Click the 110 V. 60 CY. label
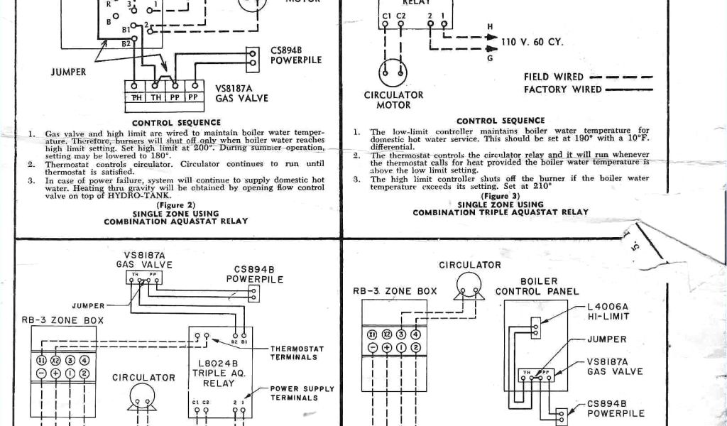pyautogui.click(x=532, y=42)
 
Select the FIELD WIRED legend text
pyautogui.click(x=553, y=77)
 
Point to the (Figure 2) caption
pyautogui.click(x=175, y=204)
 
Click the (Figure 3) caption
pyautogui.click(x=500, y=196)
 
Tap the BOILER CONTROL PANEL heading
pyautogui.click(x=537, y=286)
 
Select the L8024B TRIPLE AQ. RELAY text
pyautogui.click(x=219, y=373)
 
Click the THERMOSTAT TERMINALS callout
pyautogui.click(x=297, y=353)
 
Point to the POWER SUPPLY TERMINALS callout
pyautogui.click(x=302, y=393)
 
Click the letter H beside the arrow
pyautogui.click(x=489, y=27)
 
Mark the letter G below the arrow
pyautogui.click(x=489, y=58)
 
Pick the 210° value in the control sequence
pyautogui.click(x=542, y=187)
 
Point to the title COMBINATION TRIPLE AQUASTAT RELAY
pyautogui.click(x=500, y=212)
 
